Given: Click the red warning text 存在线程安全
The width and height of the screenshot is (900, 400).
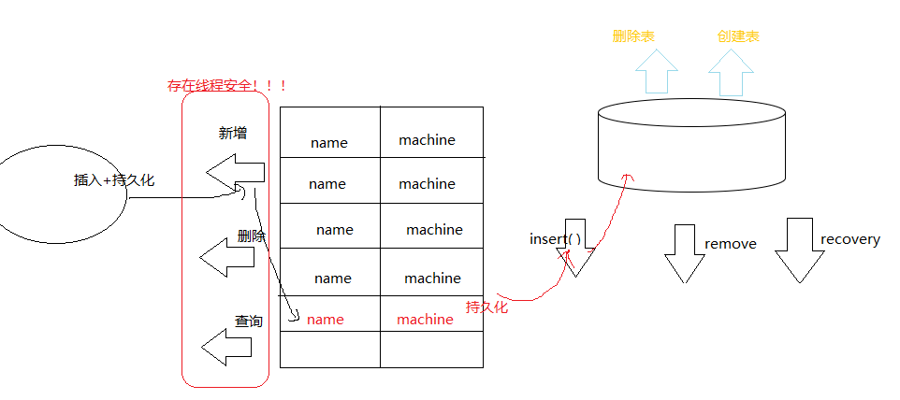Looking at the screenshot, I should [x=226, y=86].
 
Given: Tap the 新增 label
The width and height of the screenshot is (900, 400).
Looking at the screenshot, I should [x=233, y=134].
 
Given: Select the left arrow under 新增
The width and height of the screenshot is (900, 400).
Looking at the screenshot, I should [x=235, y=174].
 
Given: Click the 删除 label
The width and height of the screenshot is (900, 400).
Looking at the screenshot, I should [x=252, y=236].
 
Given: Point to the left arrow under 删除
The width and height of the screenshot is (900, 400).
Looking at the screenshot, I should [x=227, y=256].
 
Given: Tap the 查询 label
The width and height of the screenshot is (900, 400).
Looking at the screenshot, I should [x=249, y=321].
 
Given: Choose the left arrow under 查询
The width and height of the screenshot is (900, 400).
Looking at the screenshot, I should [x=227, y=348].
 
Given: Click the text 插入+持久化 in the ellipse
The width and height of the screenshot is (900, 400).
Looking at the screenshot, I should [x=114, y=180].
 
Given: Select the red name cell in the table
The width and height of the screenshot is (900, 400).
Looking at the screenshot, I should [x=326, y=320].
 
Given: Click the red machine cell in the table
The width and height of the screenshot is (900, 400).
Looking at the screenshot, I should [x=425, y=320].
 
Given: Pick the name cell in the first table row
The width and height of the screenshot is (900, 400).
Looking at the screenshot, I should [x=328, y=143].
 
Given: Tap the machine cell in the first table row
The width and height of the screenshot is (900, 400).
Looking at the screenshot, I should [x=427, y=140].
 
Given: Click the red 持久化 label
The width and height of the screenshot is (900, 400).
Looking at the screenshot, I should [x=486, y=307].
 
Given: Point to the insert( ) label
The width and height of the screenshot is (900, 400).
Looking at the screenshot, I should [x=555, y=239].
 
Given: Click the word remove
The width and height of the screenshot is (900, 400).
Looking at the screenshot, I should [x=730, y=244].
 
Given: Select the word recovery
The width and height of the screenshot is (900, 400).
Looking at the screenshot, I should [x=849, y=239].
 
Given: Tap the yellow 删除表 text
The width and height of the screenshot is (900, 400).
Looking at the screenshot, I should [x=633, y=36].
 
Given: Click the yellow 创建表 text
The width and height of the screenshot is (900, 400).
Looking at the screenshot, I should [x=738, y=36].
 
